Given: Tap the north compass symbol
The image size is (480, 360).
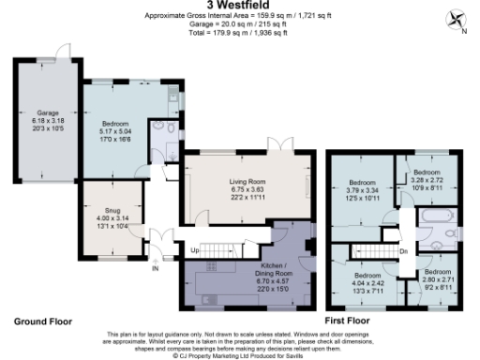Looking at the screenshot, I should click(x=457, y=21).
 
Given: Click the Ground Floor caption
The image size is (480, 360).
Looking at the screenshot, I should click(x=42, y=321).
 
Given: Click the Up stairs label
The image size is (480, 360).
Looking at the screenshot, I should click(x=197, y=251).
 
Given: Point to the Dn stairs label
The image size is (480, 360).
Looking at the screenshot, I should click(x=402, y=250).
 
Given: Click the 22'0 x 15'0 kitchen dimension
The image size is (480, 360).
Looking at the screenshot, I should click(x=248, y=290).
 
